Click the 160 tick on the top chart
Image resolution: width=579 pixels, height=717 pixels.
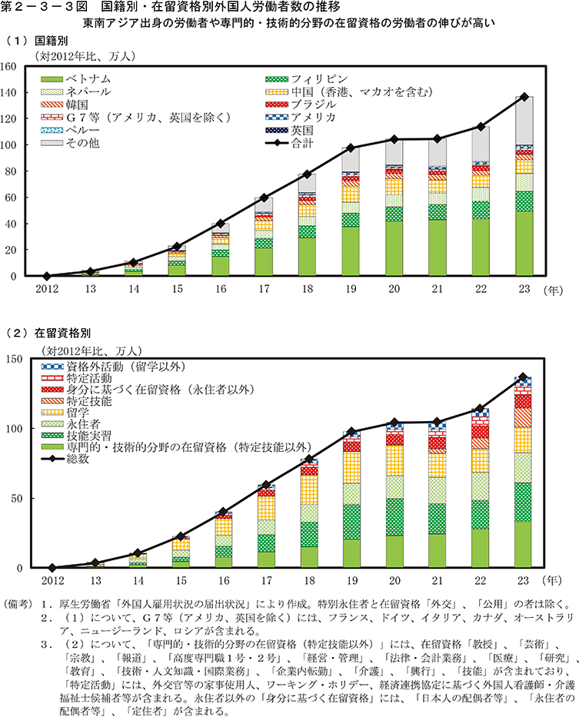coord(18,67)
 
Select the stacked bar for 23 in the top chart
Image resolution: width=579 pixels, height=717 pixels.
coord(524,185)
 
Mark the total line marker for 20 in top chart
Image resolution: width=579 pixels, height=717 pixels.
coord(394,139)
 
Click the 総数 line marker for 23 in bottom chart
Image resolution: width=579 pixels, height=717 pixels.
coord(524,377)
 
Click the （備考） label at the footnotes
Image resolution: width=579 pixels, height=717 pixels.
coord(21,602)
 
